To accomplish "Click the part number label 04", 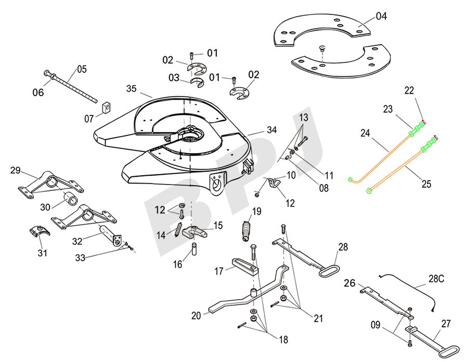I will pos(381,16).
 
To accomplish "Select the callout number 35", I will pos(132,88).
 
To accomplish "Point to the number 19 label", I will pos(256,211).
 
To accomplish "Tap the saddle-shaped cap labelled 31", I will pos(38,230).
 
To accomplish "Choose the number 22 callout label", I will pos(410,90).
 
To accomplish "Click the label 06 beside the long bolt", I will pos(38,93).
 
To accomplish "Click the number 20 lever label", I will pos(196,315).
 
